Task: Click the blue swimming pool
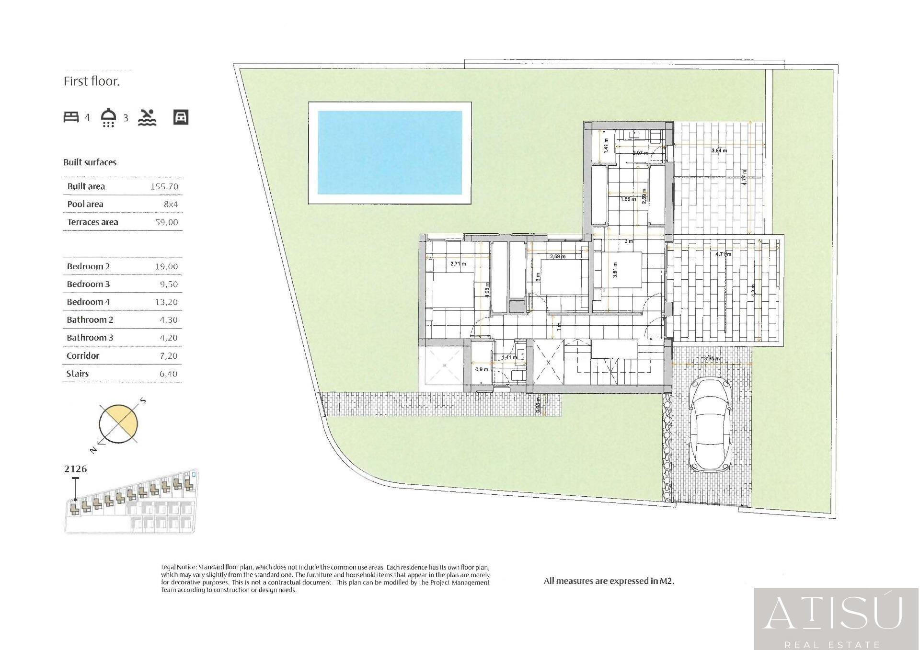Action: point(390,153)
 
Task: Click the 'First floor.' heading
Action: point(92,81)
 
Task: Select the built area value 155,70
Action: point(164,187)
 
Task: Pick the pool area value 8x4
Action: point(170,205)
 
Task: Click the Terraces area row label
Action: point(92,222)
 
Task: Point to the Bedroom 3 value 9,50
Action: point(168,285)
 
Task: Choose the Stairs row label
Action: point(78,374)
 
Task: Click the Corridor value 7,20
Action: point(168,356)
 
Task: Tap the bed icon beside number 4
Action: point(71,117)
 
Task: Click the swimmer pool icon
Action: point(147,117)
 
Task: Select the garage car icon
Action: point(181,117)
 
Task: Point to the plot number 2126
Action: point(75,469)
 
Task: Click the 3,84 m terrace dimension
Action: point(719,150)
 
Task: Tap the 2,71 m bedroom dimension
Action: point(458,263)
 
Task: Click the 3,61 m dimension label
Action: point(615,270)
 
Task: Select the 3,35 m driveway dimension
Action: point(711,358)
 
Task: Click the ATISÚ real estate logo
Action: point(836,618)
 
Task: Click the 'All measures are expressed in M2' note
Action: point(609,581)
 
